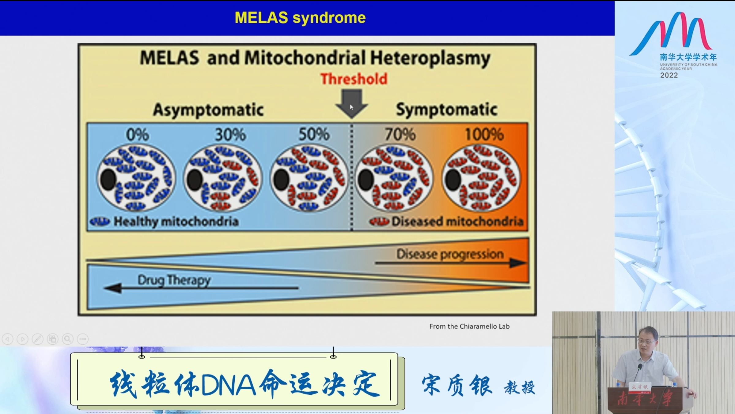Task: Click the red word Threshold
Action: pyautogui.click(x=354, y=79)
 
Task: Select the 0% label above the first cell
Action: pyautogui.click(x=138, y=135)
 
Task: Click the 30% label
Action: pyautogui.click(x=230, y=135)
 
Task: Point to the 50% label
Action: pyautogui.click(x=314, y=134)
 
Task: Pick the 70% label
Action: pyautogui.click(x=400, y=134)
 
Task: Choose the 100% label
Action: pyautogui.click(x=484, y=134)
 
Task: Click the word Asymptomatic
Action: pyautogui.click(x=208, y=110)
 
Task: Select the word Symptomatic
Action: pyautogui.click(x=446, y=110)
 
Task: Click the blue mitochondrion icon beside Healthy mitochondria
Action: pyautogui.click(x=100, y=222)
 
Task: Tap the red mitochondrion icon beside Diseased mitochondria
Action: pyautogui.click(x=379, y=221)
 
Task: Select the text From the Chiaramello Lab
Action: pyautogui.click(x=469, y=326)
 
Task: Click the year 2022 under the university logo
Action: pyautogui.click(x=669, y=75)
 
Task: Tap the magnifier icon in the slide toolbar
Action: pyautogui.click(x=68, y=339)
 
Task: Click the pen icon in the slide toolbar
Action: pyautogui.click(x=37, y=339)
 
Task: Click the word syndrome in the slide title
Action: pyautogui.click(x=329, y=18)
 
